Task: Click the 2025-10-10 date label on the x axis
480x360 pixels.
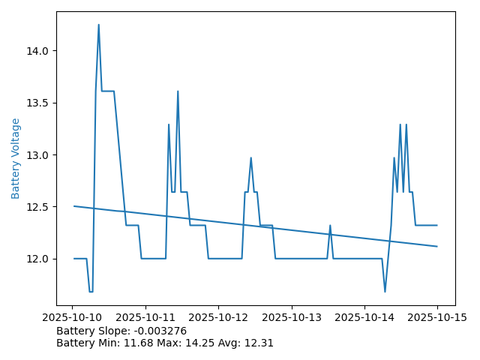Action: (x=73, y=317)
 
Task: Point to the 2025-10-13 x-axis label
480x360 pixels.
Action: (x=292, y=317)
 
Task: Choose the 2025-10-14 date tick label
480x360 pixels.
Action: (x=364, y=317)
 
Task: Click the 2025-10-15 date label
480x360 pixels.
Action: (x=437, y=317)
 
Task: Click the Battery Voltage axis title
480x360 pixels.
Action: (x=16, y=158)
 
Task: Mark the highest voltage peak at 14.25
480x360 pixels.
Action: (x=98, y=25)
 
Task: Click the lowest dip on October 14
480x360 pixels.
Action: (x=385, y=292)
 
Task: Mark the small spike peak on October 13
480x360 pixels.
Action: (x=330, y=225)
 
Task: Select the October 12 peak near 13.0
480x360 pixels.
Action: (x=251, y=157)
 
